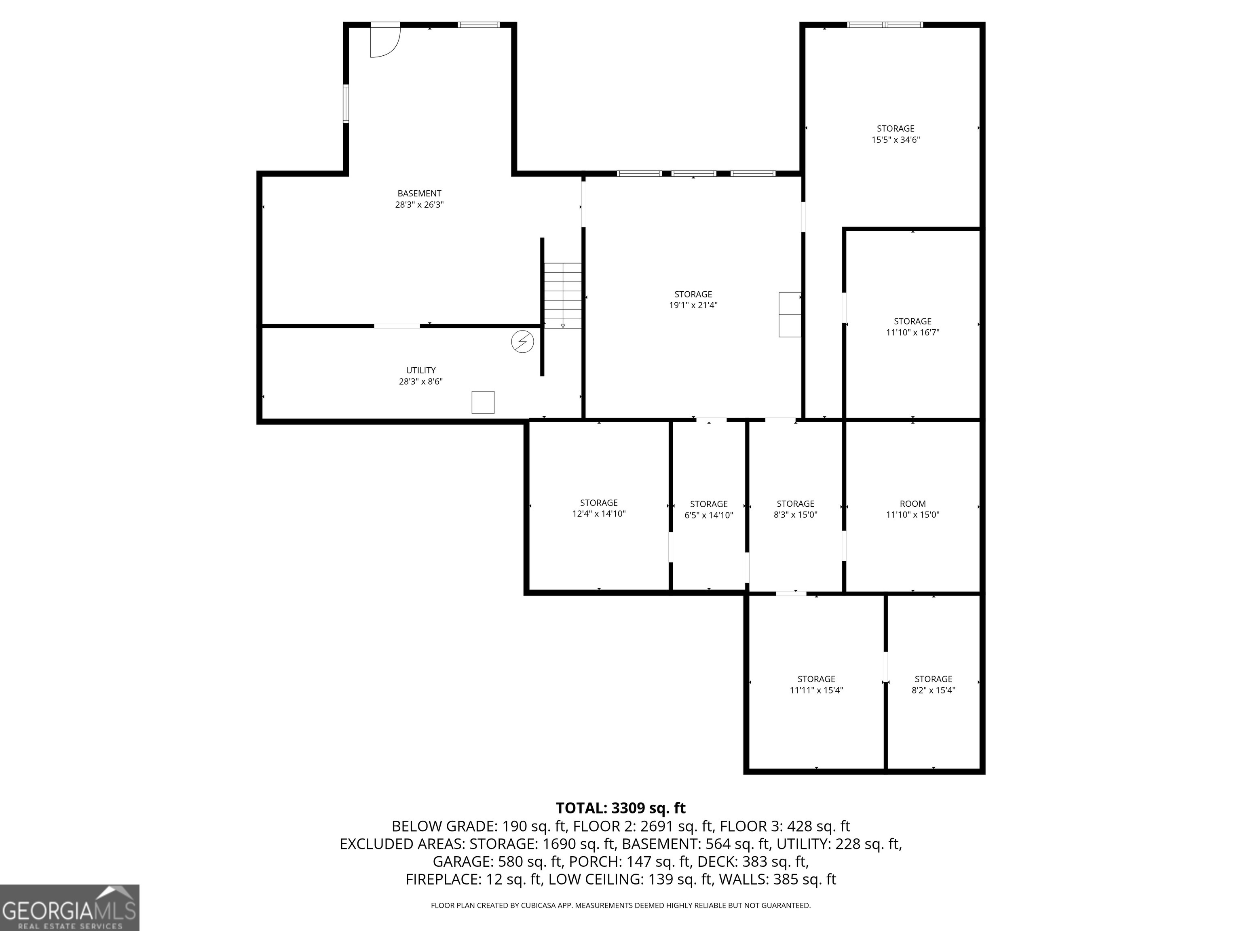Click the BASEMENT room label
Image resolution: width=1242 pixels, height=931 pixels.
419,194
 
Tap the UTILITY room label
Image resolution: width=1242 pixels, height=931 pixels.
420,371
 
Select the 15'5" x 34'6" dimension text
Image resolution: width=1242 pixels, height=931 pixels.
896,140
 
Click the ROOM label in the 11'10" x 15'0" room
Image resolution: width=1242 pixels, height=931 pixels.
912,504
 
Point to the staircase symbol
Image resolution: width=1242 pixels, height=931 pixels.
562,295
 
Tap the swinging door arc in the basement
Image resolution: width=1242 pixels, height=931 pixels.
384,42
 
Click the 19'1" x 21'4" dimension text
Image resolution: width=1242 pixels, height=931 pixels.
693,305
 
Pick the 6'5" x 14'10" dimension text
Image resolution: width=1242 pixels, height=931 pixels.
709,515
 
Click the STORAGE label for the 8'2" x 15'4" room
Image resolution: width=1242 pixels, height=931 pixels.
933,679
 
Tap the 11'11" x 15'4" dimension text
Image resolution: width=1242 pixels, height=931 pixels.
816,690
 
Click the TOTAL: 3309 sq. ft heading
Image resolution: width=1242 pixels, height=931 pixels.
621,808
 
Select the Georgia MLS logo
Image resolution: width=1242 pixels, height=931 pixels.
70,908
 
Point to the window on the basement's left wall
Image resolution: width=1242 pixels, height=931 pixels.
346,104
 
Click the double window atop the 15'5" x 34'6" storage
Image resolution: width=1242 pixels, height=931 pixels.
885,25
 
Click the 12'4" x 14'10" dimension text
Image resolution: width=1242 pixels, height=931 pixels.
598,514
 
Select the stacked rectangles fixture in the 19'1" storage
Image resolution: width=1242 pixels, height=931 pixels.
790,314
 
